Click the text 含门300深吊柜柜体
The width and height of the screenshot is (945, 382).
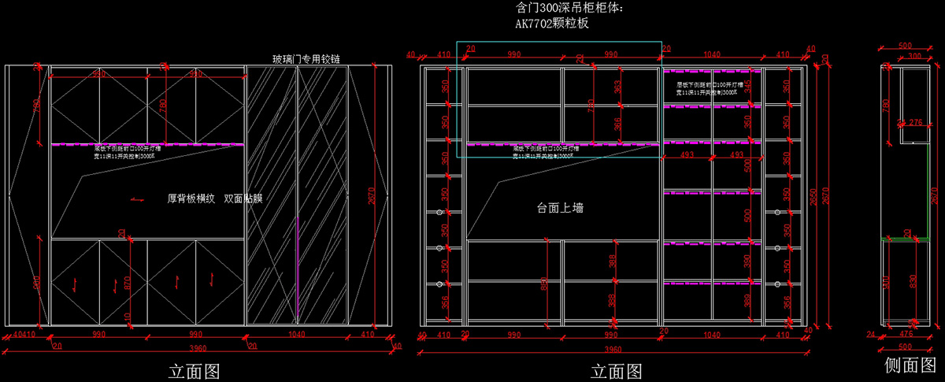pyautogui.click(x=570, y=9)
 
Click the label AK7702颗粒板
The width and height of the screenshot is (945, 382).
pyautogui.click(x=552, y=24)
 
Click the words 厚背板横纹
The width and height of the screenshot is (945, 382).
pyautogui.click(x=191, y=199)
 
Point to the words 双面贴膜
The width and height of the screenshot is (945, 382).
pyautogui.click(x=243, y=199)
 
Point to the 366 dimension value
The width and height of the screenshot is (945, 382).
pyautogui.click(x=617, y=124)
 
